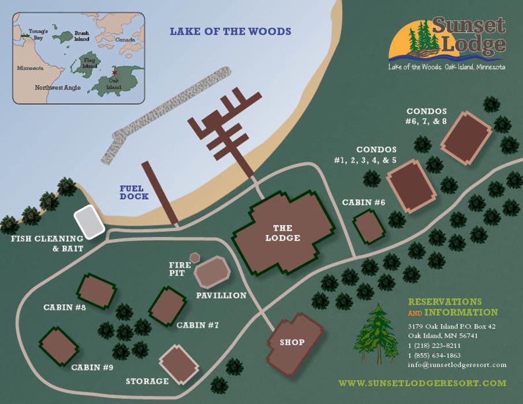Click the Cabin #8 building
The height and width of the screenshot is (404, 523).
(96, 291)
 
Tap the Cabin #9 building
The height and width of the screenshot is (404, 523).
(58, 346)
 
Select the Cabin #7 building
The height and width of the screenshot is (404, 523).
(168, 305)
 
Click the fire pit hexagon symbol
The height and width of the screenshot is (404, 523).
(195, 257)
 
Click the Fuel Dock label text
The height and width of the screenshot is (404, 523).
(134, 192)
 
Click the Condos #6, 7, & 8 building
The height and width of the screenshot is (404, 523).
(468, 137)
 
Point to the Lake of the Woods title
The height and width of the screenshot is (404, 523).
(230, 32)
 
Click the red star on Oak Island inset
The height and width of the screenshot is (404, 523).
(114, 73)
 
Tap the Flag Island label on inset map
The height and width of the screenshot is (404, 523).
(88, 62)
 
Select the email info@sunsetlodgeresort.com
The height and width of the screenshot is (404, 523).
(457, 365)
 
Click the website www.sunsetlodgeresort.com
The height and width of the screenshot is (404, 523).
(422, 383)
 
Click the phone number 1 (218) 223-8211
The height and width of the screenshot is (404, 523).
(434, 345)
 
